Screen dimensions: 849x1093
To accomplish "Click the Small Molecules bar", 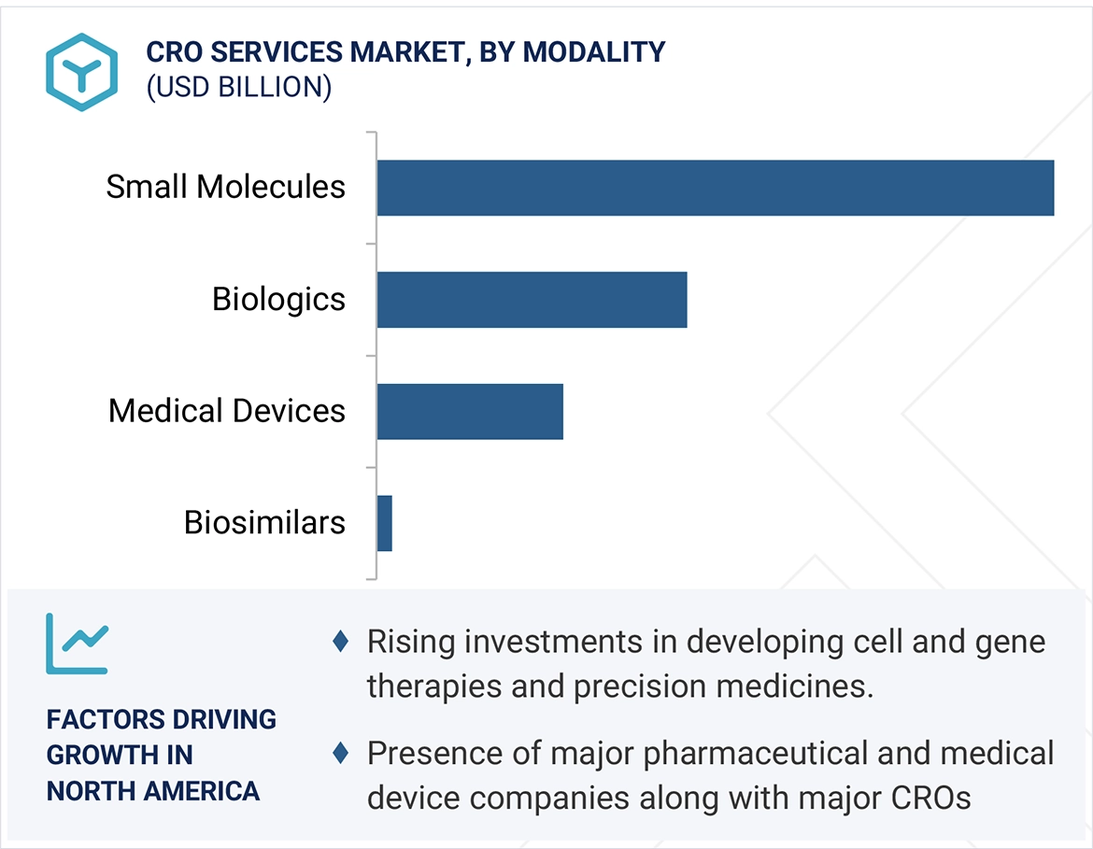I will coord(715,188).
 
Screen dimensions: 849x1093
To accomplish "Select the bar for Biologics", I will coord(532,300).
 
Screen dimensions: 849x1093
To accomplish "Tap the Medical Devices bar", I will coord(470,411).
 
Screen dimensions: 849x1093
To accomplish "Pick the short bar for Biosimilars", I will coord(384,523).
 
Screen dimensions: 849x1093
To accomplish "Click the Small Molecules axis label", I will coord(225,187).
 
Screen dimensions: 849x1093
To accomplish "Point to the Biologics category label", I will coord(278,299).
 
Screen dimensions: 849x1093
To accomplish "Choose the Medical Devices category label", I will coord(227,411).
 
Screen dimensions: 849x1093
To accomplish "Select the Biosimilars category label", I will coord(264,522).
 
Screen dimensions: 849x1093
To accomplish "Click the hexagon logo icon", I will coord(81,72).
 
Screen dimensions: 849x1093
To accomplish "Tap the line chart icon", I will coord(77,644).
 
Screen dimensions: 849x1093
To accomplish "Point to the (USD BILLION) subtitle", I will coord(238,87).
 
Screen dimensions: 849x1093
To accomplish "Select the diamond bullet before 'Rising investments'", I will coord(341,641).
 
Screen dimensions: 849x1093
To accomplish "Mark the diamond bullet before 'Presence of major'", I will coord(341,752).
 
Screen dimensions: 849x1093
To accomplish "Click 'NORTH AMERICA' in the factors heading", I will coord(153,791).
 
